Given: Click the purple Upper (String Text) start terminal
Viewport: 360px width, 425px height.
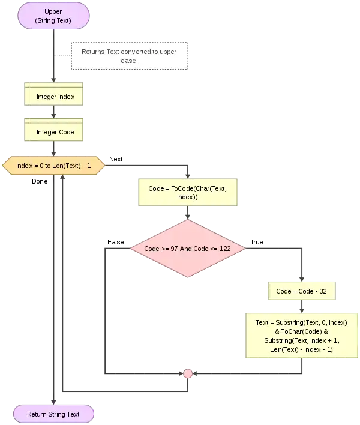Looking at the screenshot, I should click(53, 16).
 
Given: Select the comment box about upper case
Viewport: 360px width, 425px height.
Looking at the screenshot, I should click(130, 56).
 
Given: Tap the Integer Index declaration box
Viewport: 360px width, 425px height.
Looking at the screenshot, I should click(55, 97).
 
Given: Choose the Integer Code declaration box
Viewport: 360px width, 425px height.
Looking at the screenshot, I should click(55, 132).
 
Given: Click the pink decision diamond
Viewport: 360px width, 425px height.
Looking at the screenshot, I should click(188, 248).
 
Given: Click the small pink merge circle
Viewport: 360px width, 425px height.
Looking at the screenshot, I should click(188, 374).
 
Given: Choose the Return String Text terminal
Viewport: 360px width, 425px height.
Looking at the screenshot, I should click(53, 414).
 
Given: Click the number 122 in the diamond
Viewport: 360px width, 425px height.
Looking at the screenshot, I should click(224, 248).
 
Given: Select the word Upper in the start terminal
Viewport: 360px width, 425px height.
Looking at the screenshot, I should click(53, 11).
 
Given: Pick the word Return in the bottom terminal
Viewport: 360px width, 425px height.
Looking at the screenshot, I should click(37, 414).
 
